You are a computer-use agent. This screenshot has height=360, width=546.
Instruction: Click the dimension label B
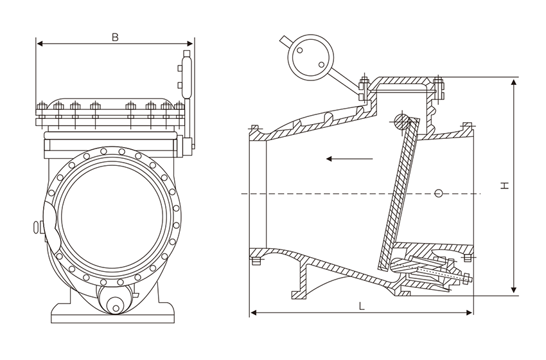click(115, 37)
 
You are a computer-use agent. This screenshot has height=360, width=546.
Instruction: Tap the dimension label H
click(506, 185)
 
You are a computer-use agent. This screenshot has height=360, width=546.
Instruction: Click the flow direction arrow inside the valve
click(348, 158)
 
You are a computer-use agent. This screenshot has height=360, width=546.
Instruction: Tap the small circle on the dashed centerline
click(439, 193)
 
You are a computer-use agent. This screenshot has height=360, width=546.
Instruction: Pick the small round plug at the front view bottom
click(116, 307)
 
